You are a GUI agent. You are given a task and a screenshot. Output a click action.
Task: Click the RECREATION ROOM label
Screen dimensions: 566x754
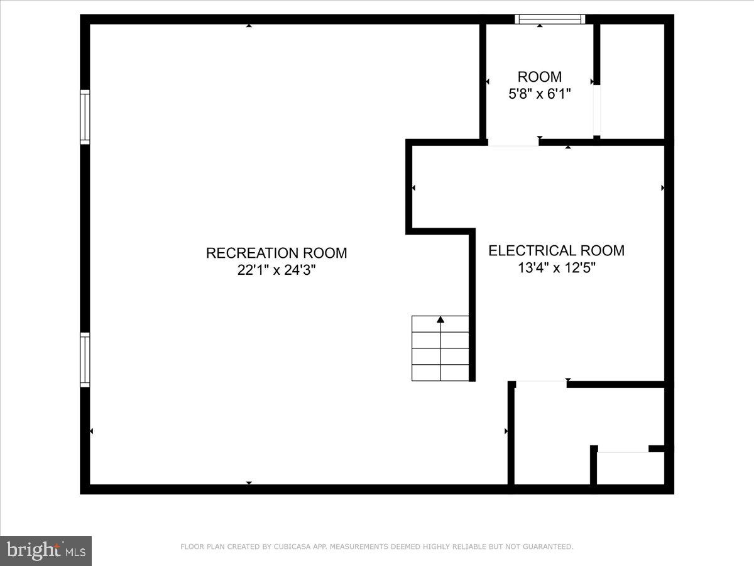coord(276,253)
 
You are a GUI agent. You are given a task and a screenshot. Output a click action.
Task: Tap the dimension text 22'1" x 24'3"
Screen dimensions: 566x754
coord(276,270)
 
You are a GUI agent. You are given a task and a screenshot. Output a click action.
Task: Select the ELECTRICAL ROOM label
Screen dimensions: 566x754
coord(557,250)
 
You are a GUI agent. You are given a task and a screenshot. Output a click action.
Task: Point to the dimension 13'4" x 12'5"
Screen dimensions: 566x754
coord(556,268)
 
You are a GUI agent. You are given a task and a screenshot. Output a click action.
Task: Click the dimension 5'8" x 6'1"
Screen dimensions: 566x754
coord(539,94)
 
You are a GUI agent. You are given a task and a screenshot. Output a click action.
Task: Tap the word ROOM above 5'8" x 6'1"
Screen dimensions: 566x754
coord(540,77)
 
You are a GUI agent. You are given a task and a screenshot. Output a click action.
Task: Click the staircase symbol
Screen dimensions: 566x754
coord(440,348)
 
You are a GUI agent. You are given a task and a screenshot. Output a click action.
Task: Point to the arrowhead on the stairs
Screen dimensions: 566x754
coord(440,319)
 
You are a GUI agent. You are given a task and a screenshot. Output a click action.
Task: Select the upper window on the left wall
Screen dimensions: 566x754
coord(85,117)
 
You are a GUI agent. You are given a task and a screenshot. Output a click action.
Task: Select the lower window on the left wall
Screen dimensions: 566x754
coord(85,359)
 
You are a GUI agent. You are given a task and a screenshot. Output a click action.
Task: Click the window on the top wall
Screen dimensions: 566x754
coord(550,19)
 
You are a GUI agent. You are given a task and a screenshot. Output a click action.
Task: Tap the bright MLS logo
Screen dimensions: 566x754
coord(46,550)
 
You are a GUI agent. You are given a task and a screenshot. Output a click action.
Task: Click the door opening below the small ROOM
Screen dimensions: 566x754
coord(513,142)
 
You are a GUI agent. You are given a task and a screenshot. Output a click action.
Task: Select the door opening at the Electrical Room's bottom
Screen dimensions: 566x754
coord(541,384)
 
